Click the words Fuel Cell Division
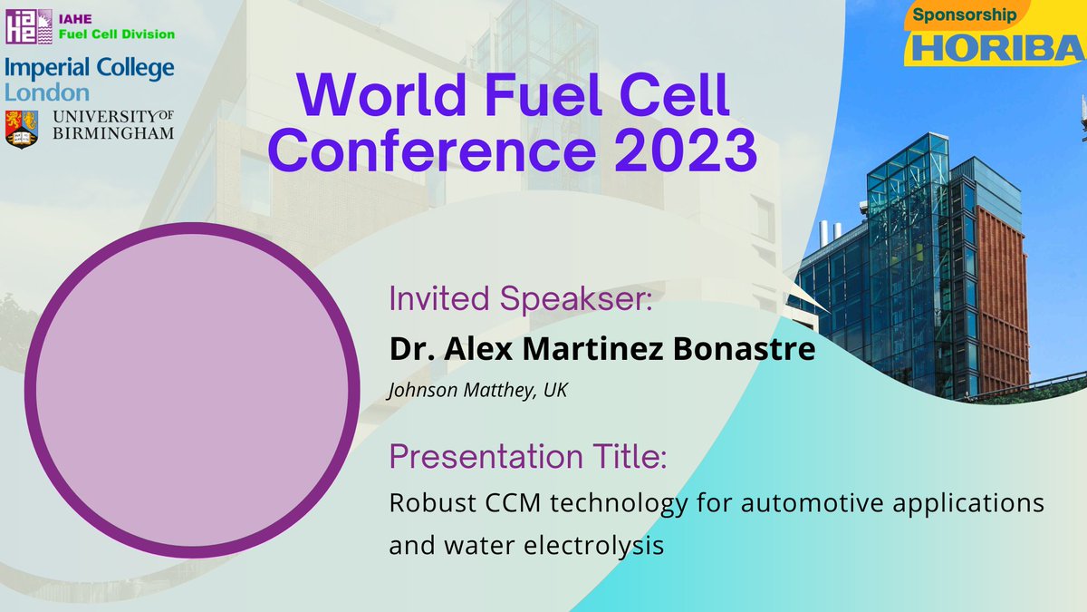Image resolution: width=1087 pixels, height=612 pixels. click(x=118, y=34)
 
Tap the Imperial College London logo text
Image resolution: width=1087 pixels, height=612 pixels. click(x=89, y=79)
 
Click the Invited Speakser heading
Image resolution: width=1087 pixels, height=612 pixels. click(x=521, y=299)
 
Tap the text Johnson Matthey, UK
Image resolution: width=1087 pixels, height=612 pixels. click(x=477, y=391)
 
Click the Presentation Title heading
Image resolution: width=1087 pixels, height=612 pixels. click(x=527, y=457)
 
